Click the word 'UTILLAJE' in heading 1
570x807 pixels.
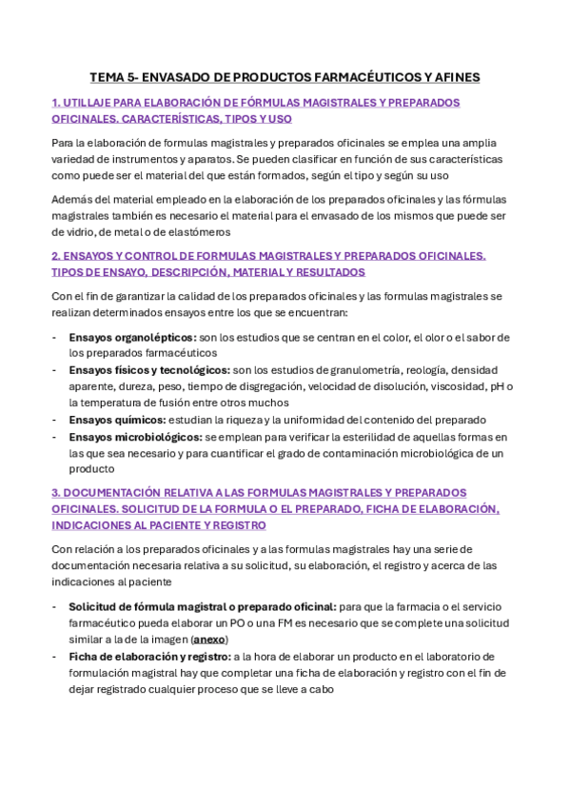tap(88, 102)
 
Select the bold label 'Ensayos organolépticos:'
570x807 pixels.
tap(133, 337)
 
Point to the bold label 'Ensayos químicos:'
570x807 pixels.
tap(118, 420)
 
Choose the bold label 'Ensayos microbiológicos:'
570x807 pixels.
tap(136, 437)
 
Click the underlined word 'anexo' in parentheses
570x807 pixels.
tap(209, 640)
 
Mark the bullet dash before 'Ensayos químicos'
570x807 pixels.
tap(55, 420)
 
